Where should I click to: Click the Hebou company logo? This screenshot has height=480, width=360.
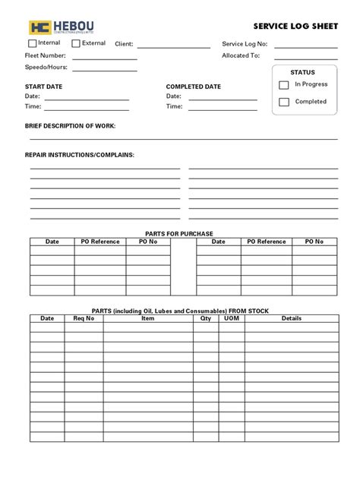[x=62, y=27]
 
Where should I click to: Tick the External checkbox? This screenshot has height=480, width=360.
[x=76, y=43]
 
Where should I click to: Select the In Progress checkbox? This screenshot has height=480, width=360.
[x=284, y=85]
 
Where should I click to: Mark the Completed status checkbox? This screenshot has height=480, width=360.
[x=284, y=102]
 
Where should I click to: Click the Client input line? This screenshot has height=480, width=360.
[x=173, y=47]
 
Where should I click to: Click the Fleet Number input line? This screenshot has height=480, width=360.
[x=104, y=58]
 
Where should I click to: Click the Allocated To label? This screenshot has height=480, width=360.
[x=241, y=56]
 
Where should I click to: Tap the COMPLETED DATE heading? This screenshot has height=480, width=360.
[x=194, y=87]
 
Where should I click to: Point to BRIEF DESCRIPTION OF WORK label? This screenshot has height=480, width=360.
[x=71, y=126]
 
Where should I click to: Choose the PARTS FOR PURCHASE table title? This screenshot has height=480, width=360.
[x=179, y=232]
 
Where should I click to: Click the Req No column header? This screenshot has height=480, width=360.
[x=84, y=319]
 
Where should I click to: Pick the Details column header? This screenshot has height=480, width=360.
[x=291, y=319]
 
